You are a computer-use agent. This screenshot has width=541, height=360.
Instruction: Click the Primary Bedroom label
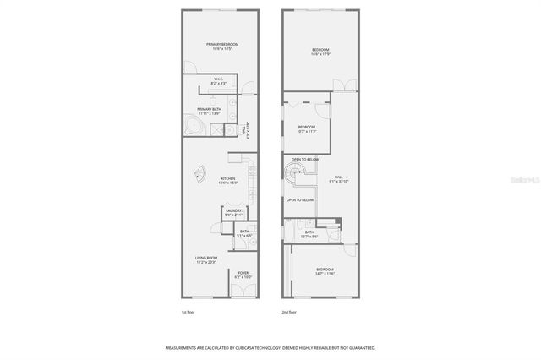223,46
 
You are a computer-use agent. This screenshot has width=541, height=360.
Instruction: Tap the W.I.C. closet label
217,82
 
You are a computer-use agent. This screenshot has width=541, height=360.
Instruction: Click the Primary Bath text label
209,111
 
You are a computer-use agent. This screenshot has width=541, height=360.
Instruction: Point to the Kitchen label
228,180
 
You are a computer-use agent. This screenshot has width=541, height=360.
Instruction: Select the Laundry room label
233,213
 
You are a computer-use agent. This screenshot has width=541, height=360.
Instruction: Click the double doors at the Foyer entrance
242,292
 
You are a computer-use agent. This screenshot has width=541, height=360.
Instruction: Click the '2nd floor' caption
290,312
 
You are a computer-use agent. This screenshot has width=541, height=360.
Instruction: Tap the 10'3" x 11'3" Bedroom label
306,129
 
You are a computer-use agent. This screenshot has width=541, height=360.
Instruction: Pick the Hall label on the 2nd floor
338,179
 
